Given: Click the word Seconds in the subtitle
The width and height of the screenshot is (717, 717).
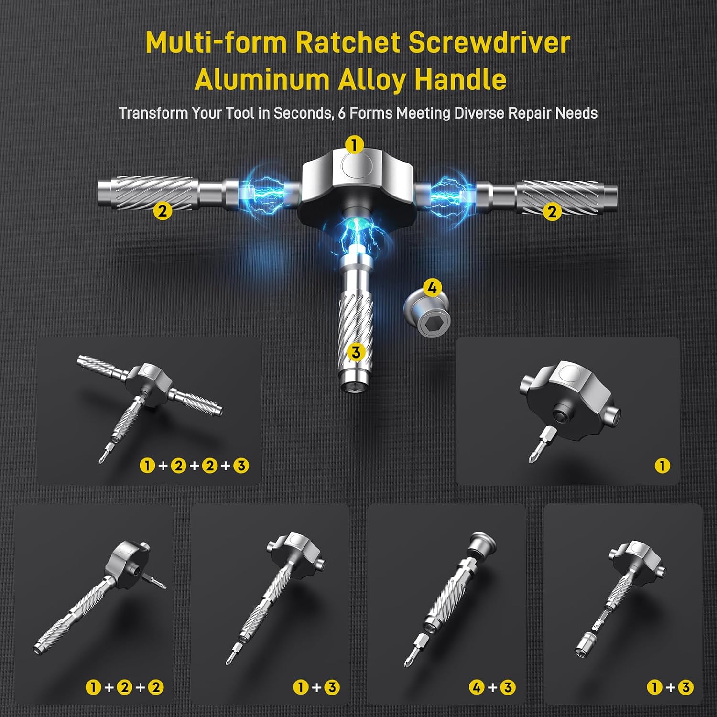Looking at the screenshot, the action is [303, 113].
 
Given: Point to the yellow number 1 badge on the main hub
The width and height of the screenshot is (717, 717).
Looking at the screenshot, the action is [354, 144].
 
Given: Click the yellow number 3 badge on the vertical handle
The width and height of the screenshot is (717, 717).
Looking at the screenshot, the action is [356, 353].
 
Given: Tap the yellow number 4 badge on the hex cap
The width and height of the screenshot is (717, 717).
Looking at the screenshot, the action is [432, 288].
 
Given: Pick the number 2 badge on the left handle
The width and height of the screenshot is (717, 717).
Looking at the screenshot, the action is [163, 211].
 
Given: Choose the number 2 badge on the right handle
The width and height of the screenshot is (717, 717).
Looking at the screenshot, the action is [552, 212].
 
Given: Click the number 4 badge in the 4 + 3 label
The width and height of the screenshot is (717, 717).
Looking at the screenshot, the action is [477, 687].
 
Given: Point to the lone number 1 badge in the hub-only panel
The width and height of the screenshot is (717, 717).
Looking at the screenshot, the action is [663, 465].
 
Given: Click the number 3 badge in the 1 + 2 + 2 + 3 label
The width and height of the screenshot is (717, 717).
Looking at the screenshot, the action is [241, 465].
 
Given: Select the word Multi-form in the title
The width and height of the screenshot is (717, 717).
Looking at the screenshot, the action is [216, 43].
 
